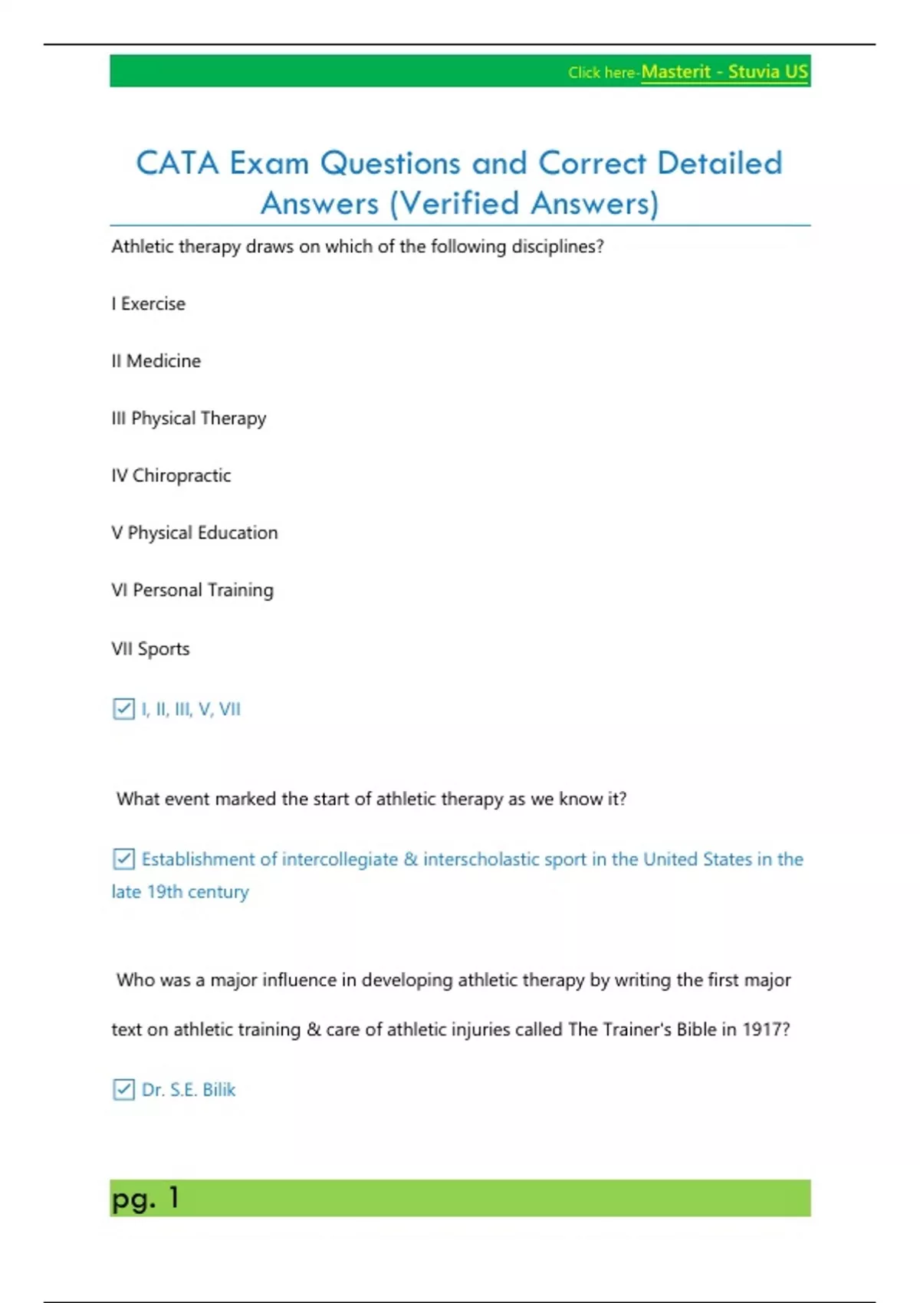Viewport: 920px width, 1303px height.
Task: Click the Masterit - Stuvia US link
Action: pyautogui.click(x=724, y=72)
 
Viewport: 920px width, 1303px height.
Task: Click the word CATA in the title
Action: pyautogui.click(x=177, y=163)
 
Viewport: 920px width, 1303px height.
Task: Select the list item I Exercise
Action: pyautogui.click(x=149, y=304)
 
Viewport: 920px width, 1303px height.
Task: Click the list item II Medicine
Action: pyautogui.click(x=156, y=361)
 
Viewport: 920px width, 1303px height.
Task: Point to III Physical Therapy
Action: pyautogui.click(x=189, y=418)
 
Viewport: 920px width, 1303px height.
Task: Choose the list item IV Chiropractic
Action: pyautogui.click(x=171, y=476)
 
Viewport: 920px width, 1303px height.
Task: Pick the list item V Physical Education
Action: pyautogui.click(x=195, y=533)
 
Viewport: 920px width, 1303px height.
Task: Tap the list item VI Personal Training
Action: pyautogui.click(x=192, y=590)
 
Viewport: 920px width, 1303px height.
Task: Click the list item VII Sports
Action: pyautogui.click(x=151, y=648)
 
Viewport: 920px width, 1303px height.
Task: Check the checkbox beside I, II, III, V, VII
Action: pyautogui.click(x=123, y=709)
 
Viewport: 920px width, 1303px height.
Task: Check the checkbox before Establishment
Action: pyautogui.click(x=123, y=859)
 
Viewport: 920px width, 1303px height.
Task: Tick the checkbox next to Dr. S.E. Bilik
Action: pyautogui.click(x=123, y=1089)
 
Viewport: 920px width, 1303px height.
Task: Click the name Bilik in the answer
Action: pyautogui.click(x=219, y=1090)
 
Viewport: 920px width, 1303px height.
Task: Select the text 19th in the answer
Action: pyautogui.click(x=165, y=892)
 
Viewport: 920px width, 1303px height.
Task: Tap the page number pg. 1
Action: pyautogui.click(x=146, y=1198)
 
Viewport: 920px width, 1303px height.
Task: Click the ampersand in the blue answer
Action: pyautogui.click(x=410, y=859)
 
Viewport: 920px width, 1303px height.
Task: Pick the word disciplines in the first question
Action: pyautogui.click(x=557, y=247)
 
